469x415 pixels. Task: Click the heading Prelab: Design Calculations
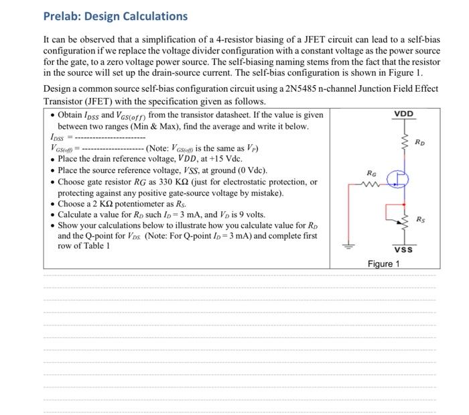coord(115,16)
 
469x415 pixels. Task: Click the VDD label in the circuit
coord(403,114)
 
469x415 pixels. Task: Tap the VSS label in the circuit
coord(403,250)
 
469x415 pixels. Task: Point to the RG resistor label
coord(362,172)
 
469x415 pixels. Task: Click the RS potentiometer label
coord(420,219)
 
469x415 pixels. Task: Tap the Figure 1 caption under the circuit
coord(383,263)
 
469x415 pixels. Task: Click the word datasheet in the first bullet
coord(255,115)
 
